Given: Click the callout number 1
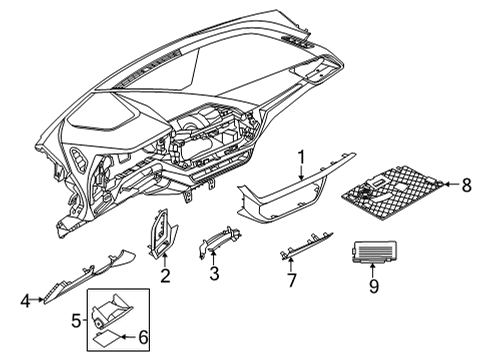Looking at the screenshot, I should pos(300,156).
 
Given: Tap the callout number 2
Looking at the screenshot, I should pos(166,274).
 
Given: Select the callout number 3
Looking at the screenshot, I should pos(213,274).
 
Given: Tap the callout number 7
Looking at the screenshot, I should pos(291,280).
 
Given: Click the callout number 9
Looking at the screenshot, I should pos(373,288).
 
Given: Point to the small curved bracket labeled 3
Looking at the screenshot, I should pos(221,241).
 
